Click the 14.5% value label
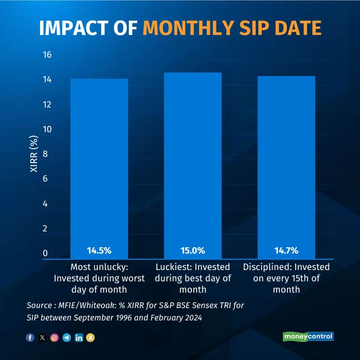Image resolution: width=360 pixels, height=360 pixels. pos(99,251)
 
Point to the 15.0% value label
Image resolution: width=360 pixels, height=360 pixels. pos(193,251)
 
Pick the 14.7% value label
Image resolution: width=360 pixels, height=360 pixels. pos(286,251)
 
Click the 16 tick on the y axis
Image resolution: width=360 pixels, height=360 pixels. pos(47,55)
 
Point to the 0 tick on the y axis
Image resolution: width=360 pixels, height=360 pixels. pos(45,254)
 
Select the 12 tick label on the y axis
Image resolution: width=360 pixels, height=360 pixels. pos(47,105)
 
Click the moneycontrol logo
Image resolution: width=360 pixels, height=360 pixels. pos(308,336)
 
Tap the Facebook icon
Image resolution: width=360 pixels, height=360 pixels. pos(30,338)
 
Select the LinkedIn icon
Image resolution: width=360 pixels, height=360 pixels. pos(79,338)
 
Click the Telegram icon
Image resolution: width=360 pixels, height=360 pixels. pos(66,338)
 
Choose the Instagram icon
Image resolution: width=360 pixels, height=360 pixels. pos(55,338)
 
